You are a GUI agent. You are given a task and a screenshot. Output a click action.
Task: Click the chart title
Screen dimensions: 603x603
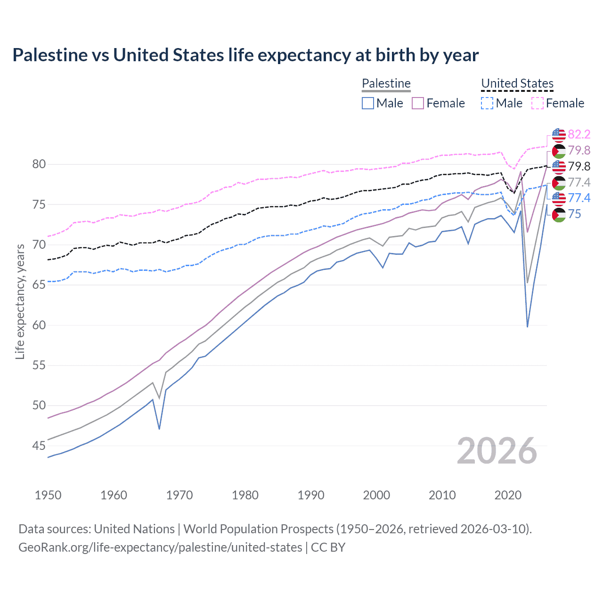click(x=245, y=55)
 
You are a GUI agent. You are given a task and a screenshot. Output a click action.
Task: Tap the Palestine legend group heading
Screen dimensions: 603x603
click(x=386, y=83)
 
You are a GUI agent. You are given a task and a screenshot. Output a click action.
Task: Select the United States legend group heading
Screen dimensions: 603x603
click(x=517, y=83)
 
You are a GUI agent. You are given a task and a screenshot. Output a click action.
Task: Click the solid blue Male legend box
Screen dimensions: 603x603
click(x=368, y=103)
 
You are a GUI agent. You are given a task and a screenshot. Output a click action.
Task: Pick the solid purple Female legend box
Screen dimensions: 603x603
click(x=418, y=103)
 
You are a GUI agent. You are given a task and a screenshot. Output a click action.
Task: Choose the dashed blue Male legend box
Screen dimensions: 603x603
click(x=487, y=103)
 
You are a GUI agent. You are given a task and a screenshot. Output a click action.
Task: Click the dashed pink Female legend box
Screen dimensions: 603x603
click(x=538, y=103)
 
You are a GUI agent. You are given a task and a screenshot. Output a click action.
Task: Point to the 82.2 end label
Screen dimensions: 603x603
click(x=579, y=135)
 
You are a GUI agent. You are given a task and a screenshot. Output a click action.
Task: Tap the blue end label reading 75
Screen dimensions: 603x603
click(x=575, y=214)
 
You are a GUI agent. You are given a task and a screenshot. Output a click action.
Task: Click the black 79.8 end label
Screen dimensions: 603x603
click(x=579, y=166)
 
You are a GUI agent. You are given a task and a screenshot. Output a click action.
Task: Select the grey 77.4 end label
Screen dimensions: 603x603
click(x=579, y=182)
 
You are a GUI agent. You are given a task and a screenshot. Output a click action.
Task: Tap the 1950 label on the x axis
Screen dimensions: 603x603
click(x=48, y=495)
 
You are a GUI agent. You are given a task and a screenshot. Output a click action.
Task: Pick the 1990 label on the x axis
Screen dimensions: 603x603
click(x=311, y=495)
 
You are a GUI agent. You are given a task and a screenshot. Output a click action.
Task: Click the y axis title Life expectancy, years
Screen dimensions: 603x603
click(x=20, y=301)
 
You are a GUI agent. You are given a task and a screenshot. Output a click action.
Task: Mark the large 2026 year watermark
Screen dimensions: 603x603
click(x=497, y=451)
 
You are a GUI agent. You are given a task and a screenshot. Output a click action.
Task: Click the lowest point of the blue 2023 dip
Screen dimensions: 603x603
click(x=528, y=326)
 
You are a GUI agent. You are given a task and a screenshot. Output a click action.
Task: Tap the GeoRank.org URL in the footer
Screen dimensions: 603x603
click(x=160, y=547)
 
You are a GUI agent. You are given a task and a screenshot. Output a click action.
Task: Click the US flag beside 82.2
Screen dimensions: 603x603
click(x=559, y=135)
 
